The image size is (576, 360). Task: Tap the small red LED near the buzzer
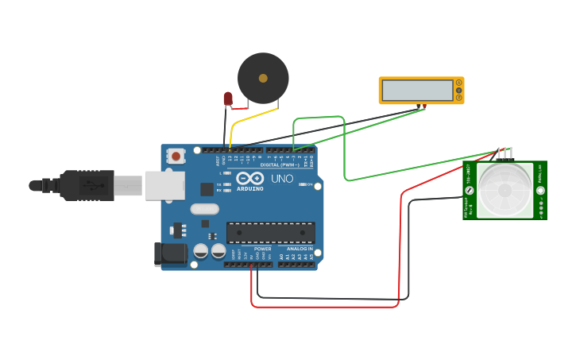(x=228, y=99)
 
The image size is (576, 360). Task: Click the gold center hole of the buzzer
(x=263, y=78)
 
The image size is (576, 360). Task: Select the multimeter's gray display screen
(x=416, y=90)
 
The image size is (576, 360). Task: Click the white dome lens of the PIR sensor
(x=504, y=190)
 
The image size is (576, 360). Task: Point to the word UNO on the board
(x=282, y=179)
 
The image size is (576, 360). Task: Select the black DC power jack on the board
(x=170, y=254)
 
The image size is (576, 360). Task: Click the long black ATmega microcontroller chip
(x=270, y=232)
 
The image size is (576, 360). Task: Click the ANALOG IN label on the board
(x=300, y=249)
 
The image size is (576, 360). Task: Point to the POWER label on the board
(x=262, y=249)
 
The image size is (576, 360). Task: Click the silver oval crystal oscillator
(x=204, y=210)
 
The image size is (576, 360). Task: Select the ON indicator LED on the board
(x=302, y=184)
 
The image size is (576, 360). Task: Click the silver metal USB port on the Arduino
(x=164, y=186)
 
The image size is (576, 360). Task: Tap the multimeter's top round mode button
(x=458, y=83)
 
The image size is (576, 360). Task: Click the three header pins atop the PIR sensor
(x=504, y=153)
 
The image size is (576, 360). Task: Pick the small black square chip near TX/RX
(x=207, y=189)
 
